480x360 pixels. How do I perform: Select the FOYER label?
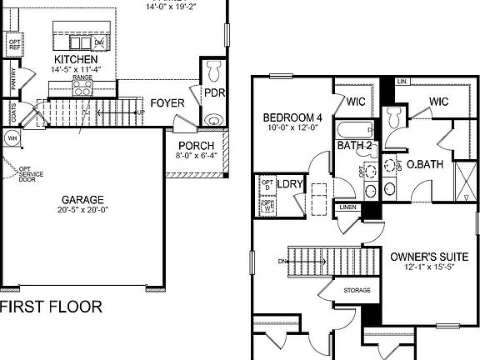point(167,103)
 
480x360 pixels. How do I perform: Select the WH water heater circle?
point(12,137)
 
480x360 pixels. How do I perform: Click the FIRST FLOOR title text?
point(51,307)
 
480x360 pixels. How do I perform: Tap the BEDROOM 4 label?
point(292,117)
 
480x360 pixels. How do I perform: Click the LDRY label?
point(289,184)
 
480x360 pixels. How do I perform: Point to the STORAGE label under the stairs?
point(357,290)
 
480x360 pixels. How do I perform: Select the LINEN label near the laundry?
point(347,207)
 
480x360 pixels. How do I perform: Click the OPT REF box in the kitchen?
point(13,44)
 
